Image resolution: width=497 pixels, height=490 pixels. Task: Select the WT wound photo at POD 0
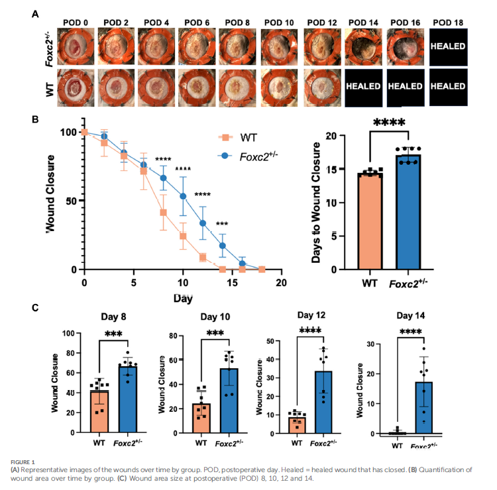[x=76, y=87]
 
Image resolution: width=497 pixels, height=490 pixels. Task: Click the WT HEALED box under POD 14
[x=365, y=87]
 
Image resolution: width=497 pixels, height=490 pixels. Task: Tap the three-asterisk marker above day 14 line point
[x=221, y=224]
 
